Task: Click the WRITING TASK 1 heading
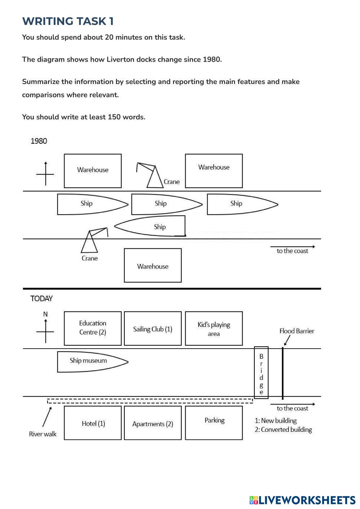coord(68,21)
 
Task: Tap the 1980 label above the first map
coord(39,141)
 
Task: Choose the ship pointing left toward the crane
coord(151,226)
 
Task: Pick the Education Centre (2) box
coord(93,328)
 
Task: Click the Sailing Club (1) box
coord(152,329)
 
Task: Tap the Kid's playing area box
coord(214,329)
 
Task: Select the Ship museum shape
coord(90,361)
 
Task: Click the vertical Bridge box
coord(261,373)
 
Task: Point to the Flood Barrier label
coord(297,331)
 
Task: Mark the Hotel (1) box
coord(93,423)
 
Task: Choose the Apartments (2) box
coord(152,424)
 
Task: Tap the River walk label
coord(43,434)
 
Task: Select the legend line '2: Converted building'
coord(283,430)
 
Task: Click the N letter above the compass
coord(45,314)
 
